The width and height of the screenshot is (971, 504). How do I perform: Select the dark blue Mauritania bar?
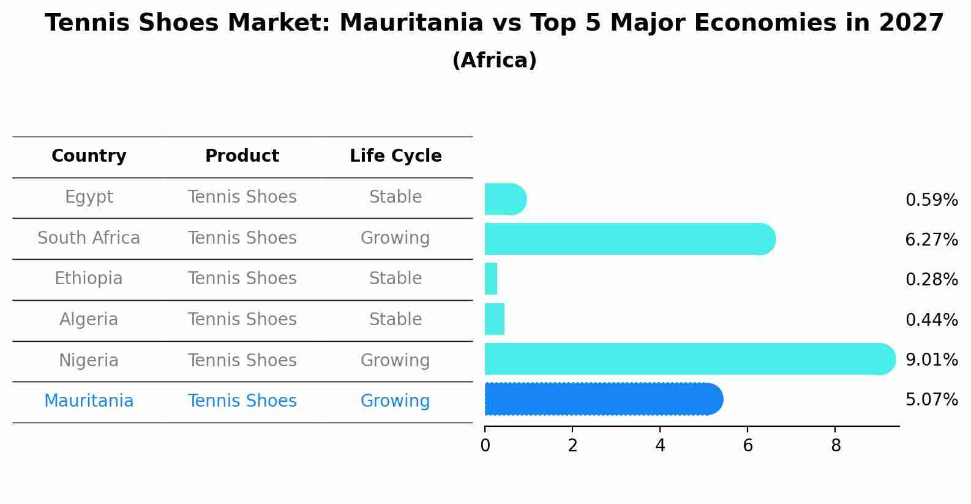pyautogui.click(x=603, y=399)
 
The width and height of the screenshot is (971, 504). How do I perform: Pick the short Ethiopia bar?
pyautogui.click(x=491, y=279)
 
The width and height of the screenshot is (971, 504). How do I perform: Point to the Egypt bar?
pyautogui.click(x=504, y=199)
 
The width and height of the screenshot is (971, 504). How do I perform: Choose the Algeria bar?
pyautogui.click(x=495, y=319)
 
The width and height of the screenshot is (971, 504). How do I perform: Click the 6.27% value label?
pyautogui.click(x=931, y=239)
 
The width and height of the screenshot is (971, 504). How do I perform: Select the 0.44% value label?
pyautogui.click(x=931, y=320)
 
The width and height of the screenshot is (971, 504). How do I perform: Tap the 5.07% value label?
pyautogui.click(x=931, y=400)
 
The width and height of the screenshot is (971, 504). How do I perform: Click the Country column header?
pyautogui.click(x=89, y=156)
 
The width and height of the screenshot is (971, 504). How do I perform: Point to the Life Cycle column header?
pyautogui.click(x=396, y=156)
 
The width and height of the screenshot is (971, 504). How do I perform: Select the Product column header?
pyautogui.click(x=242, y=156)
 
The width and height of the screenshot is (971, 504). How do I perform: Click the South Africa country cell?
pyautogui.click(x=89, y=238)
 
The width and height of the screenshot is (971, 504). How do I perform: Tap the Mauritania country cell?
pyautogui.click(x=89, y=401)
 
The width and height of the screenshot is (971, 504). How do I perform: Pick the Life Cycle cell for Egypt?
pyautogui.click(x=396, y=197)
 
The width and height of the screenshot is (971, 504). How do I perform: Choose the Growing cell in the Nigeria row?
pyautogui.click(x=396, y=360)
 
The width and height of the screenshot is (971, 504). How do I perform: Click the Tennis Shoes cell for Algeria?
pyautogui.click(x=242, y=319)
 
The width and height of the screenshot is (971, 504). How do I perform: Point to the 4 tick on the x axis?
pyautogui.click(x=660, y=445)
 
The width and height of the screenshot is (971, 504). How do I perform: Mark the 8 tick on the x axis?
pyautogui.click(x=836, y=445)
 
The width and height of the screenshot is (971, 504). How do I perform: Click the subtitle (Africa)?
pyautogui.click(x=494, y=61)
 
